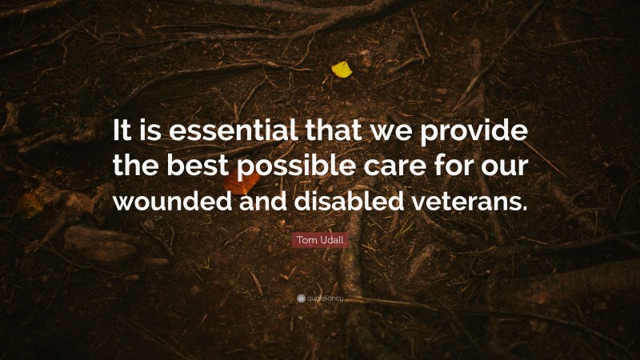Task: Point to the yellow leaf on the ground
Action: (x=342, y=70)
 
